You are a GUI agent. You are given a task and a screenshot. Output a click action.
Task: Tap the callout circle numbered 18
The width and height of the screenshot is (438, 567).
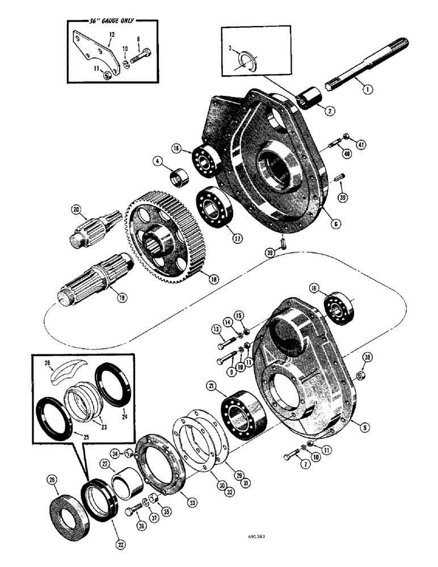(x=213, y=280)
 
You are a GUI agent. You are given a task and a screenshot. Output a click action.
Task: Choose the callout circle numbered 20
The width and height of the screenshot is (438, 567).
(x=77, y=209)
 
